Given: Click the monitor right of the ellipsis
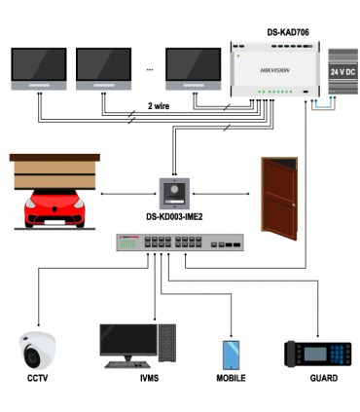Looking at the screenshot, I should pos(193,65).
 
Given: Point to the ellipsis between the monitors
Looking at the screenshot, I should pos(149,69).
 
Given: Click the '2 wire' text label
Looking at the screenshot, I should pos(162,107).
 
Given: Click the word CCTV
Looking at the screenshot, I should pos(38,377).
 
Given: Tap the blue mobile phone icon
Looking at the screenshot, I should pos(231,352).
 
